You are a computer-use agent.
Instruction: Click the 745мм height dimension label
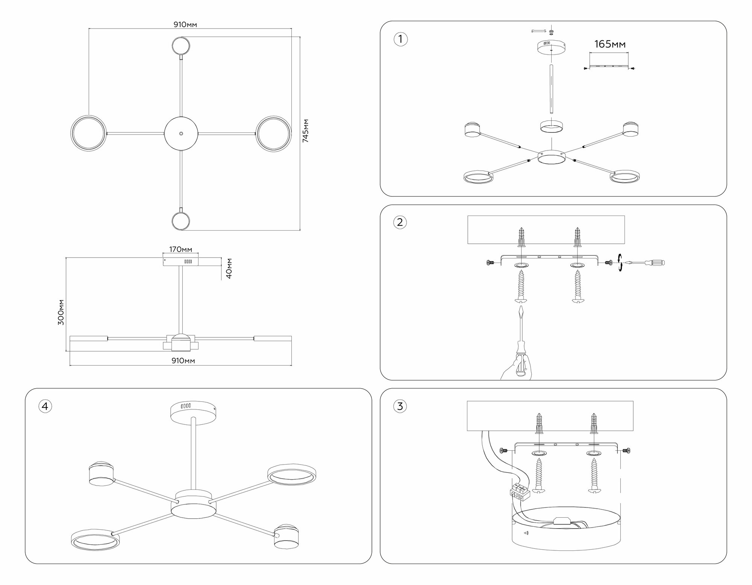tap(306, 131)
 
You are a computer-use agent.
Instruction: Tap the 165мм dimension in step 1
tap(609, 44)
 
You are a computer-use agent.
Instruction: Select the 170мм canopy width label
tap(180, 249)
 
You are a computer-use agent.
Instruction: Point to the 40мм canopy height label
tap(229, 268)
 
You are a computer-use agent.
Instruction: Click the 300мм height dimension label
tap(61, 312)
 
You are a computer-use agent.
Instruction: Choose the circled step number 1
tap(400, 39)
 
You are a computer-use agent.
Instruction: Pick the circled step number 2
tap(400, 222)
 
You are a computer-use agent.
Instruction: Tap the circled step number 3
tap(400, 406)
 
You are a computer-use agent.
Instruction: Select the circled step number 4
tap(45, 406)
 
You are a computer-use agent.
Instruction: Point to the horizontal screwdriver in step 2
tap(646, 263)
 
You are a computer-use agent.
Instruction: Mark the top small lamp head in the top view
tap(181, 46)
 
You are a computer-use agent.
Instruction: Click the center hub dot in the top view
tap(181, 134)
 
